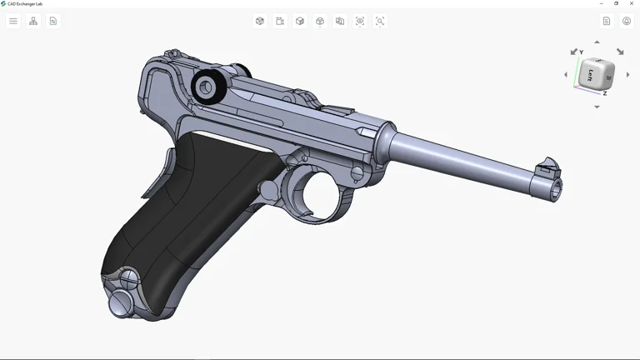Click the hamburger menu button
(13, 21)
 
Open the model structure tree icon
(33, 21)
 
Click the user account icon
(627, 21)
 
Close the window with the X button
(632, 3)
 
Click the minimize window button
(602, 3)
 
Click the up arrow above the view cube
(597, 42)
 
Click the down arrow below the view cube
(597, 107)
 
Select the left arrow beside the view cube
(566, 75)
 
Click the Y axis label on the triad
(581, 52)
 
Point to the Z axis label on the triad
(604, 93)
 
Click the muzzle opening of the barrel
(555, 191)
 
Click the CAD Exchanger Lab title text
(25, 3)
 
